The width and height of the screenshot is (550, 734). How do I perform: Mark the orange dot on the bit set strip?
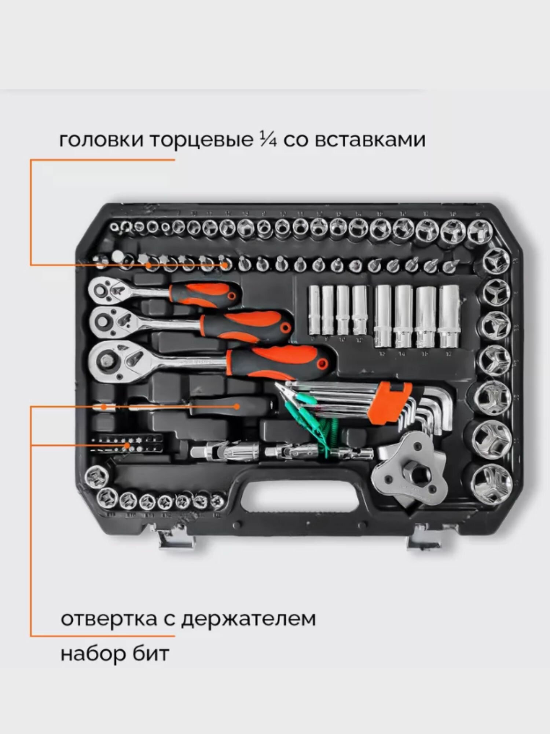[x=127, y=446]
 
